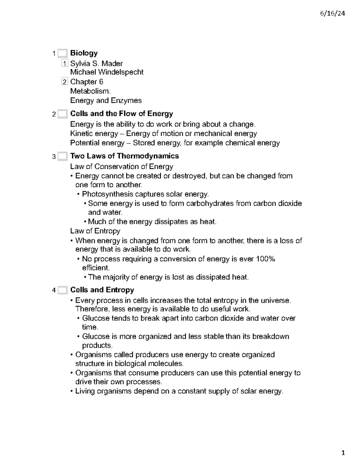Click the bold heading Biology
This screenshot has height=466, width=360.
click(84, 53)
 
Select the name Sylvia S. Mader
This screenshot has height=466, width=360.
click(96, 64)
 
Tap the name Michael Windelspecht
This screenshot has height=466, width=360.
click(106, 72)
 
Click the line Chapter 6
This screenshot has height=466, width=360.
click(86, 82)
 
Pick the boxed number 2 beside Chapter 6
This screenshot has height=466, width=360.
click(64, 82)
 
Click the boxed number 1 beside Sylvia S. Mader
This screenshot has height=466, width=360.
click(64, 64)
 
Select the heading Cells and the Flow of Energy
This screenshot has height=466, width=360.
click(121, 114)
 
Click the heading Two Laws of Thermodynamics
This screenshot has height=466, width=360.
click(124, 156)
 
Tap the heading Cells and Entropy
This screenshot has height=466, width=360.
click(102, 290)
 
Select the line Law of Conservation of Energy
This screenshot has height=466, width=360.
click(121, 167)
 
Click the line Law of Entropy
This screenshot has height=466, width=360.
click(95, 231)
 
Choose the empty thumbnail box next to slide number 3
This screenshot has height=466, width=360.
click(62, 156)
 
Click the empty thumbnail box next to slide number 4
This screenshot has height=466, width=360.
click(62, 290)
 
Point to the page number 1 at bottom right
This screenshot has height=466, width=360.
click(343, 453)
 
